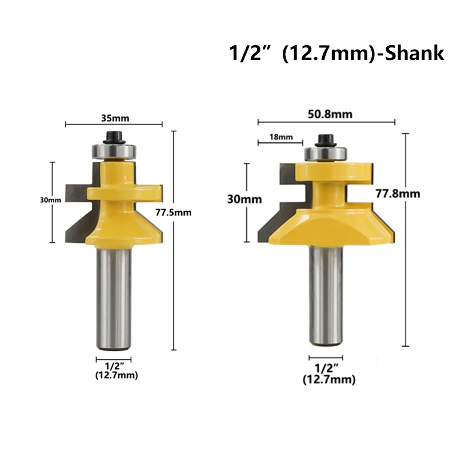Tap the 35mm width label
(x=115, y=118)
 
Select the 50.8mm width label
(x=330, y=114)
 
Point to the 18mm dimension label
(x=281, y=137)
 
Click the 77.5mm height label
(x=174, y=212)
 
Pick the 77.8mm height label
(x=398, y=194)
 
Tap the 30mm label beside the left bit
(x=50, y=200)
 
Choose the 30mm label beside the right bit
(x=244, y=199)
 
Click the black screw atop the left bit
(x=114, y=138)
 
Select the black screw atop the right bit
(x=326, y=141)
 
